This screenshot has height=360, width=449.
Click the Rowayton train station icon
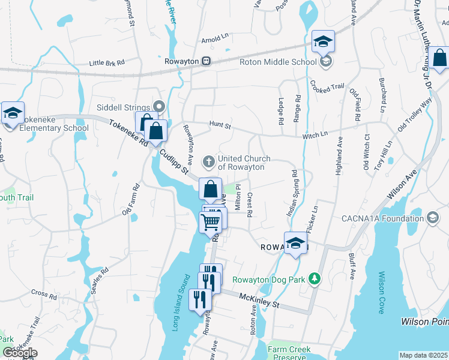point(206,61)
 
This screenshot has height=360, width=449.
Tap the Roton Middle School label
point(277,61)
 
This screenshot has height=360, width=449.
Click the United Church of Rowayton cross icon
point(208,160)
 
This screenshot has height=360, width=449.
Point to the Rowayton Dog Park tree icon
point(313,278)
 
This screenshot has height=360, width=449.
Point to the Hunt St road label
point(220,124)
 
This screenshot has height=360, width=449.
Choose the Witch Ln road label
point(315,134)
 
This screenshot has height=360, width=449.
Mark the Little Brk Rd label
point(106,62)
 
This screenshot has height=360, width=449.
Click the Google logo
point(20,353)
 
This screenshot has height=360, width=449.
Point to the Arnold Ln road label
point(215,40)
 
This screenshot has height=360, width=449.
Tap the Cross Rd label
point(44,296)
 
